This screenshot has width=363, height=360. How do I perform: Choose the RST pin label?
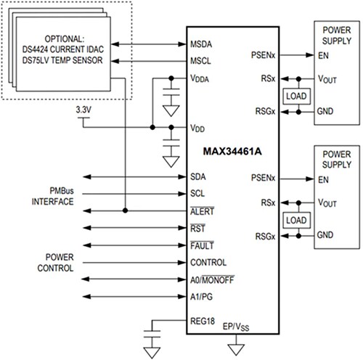[x=198, y=229]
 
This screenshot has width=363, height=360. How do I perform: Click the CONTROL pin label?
[x=208, y=263]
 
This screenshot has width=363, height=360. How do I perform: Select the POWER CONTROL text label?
[x=60, y=262]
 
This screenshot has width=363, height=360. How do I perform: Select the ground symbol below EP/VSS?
[x=234, y=347]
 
